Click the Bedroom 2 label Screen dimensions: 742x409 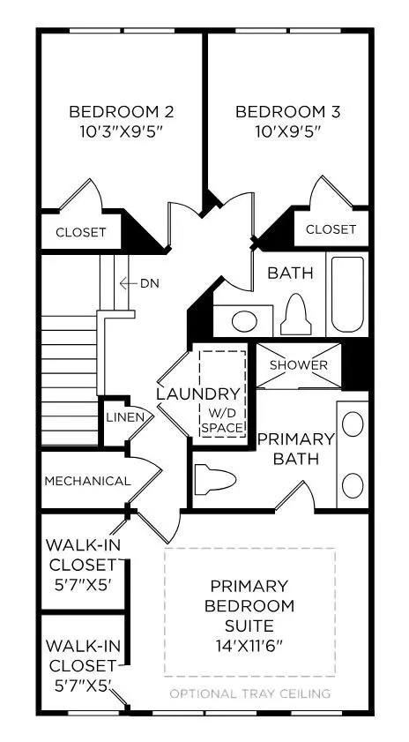[121, 112]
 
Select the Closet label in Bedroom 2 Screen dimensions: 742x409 [81, 233]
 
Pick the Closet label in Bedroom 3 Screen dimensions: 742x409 [331, 229]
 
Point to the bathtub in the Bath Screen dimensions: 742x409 [351, 293]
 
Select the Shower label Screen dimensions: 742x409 [298, 365]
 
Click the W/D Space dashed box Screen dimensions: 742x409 [221, 393]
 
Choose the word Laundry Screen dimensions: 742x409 [185, 393]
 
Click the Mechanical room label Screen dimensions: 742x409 [87, 481]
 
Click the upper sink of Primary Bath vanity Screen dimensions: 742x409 [353, 425]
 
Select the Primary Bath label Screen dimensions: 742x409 [296, 448]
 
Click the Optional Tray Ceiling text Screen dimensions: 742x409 [251, 693]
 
